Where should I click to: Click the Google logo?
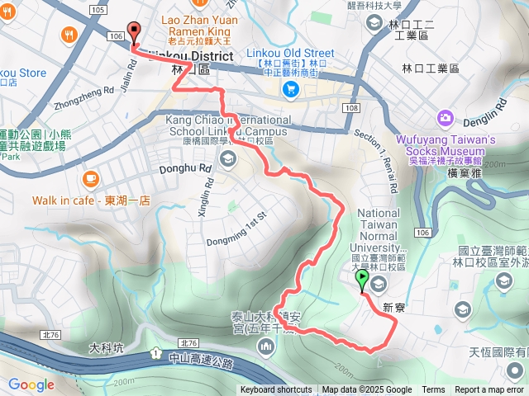(x=31, y=384)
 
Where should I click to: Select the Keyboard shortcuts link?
(x=276, y=390)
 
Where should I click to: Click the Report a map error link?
(x=490, y=390)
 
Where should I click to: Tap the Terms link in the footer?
(x=433, y=390)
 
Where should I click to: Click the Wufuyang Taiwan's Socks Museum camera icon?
(x=446, y=118)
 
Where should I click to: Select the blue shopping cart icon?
(x=290, y=88)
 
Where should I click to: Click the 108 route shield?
(x=352, y=108)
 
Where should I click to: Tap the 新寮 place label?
(x=393, y=307)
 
